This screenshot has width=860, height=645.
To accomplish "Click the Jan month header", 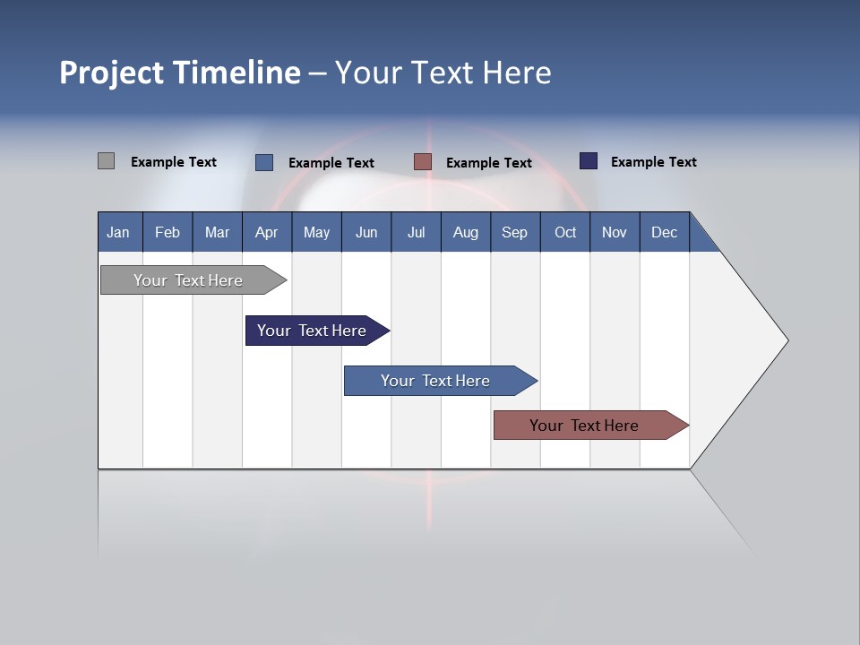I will [x=118, y=232].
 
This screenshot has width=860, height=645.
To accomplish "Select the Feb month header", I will [x=168, y=232].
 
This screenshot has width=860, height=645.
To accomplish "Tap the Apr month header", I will [x=266, y=232].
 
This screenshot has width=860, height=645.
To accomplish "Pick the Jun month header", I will [x=366, y=232].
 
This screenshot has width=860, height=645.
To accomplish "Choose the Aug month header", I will [x=465, y=232].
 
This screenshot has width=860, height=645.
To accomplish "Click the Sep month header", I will [x=514, y=232].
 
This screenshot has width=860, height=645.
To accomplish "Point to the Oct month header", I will [x=565, y=232].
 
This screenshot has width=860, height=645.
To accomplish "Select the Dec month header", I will [x=664, y=232].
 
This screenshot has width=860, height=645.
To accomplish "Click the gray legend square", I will [x=106, y=161].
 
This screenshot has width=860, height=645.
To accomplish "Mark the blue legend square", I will [x=264, y=162].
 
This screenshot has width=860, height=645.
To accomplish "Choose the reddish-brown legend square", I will [x=423, y=162].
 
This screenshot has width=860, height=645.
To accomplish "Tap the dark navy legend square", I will [x=589, y=161].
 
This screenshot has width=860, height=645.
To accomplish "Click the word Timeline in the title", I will [x=236, y=73].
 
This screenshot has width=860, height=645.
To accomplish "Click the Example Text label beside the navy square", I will [x=653, y=162].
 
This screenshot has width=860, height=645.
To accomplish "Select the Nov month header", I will [x=614, y=232].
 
